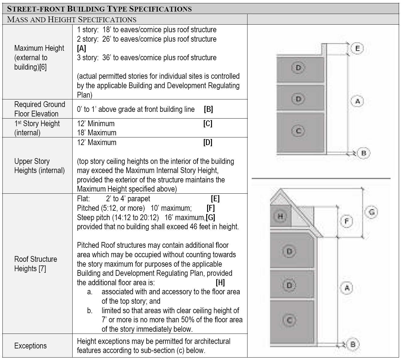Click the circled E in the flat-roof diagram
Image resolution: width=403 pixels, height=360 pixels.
pyautogui.click(x=357, y=49)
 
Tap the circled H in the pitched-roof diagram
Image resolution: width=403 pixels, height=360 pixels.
pyautogui.click(x=280, y=216)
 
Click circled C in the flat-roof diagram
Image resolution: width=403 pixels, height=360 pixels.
pyautogui.click(x=298, y=131)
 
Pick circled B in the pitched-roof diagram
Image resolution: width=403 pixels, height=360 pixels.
pyautogui.click(x=353, y=344)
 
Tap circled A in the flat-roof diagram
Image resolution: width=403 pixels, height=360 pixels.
pyautogui.click(x=357, y=101)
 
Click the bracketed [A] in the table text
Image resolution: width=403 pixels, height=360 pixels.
pyautogui.click(x=81, y=48)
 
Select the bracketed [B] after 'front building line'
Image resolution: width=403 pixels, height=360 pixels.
pyautogui.click(x=208, y=109)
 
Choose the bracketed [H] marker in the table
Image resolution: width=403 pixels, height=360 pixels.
pyautogui.click(x=220, y=282)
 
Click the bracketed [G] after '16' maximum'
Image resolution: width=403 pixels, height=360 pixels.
pyautogui.click(x=210, y=217)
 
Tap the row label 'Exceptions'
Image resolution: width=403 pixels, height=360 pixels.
pyautogui.click(x=30, y=346)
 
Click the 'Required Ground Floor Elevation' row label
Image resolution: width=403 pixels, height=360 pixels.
pyautogui.click(x=39, y=109)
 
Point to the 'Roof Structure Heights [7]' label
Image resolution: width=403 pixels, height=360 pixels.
pyautogui.click(x=36, y=264)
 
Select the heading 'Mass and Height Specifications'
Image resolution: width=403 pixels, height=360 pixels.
pyautogui.click(x=72, y=19)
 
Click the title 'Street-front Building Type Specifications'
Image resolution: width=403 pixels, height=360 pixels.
pyautogui.click(x=99, y=9)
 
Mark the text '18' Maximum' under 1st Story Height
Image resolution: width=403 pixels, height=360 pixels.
pyautogui.click(x=97, y=133)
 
